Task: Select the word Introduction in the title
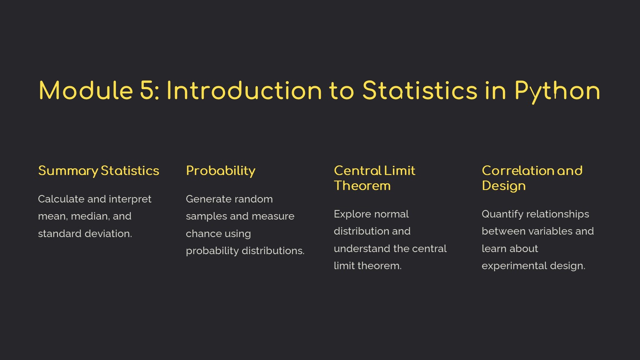coord(244,90)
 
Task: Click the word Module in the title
coord(86,90)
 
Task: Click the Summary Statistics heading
coord(99,171)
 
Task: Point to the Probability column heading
coord(220,171)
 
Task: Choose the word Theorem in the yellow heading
coord(362,186)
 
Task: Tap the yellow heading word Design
coord(504,186)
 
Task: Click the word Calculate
coord(61,199)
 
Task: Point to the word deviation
coord(108,234)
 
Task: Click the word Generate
coord(207,199)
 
